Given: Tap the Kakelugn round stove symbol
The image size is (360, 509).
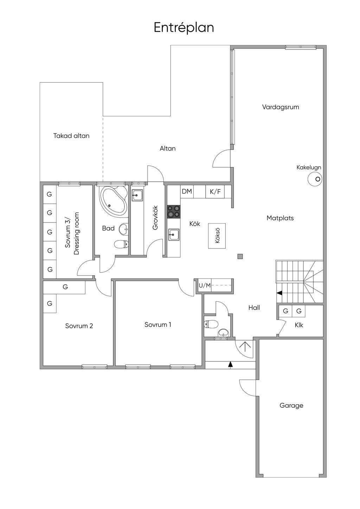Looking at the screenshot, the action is click(x=315, y=179).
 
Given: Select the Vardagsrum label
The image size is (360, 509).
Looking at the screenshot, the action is click(x=281, y=107).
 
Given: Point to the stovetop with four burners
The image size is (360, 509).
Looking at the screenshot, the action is click(x=174, y=212).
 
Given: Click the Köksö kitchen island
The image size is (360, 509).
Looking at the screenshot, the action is click(x=217, y=236).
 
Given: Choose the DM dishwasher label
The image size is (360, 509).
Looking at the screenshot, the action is click(x=187, y=191).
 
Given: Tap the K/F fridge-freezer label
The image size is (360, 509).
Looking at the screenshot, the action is click(x=215, y=192).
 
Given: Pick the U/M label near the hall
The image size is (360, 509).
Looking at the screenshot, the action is click(x=205, y=285).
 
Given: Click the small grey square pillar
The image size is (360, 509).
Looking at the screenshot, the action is click(x=240, y=256).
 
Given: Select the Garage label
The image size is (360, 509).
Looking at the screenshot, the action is click(x=291, y=406).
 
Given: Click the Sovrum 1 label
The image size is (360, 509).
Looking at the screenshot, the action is click(x=158, y=324).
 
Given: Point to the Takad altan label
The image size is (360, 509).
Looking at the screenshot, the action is click(x=71, y=136).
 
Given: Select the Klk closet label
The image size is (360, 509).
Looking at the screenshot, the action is click(x=299, y=325).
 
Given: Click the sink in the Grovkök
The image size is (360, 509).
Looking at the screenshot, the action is click(x=137, y=195).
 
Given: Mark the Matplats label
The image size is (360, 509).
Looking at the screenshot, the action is click(x=280, y=218).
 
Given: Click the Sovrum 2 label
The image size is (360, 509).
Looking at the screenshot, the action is click(x=79, y=326).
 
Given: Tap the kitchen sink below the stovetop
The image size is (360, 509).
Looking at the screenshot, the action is click(x=174, y=234).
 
